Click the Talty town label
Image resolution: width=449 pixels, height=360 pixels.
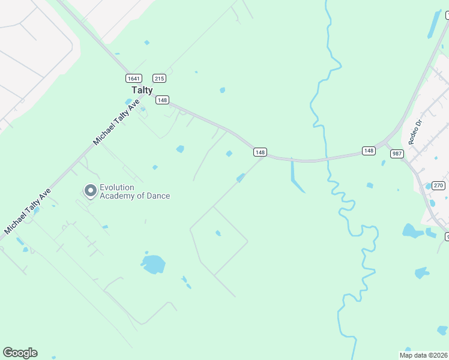[142, 90]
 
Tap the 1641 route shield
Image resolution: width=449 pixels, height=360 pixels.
[133, 78]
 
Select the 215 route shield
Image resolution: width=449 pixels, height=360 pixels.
[159, 78]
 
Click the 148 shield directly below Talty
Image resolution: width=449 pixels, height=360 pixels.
[162, 100]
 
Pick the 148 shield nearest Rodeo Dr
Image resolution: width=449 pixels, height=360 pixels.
[369, 150]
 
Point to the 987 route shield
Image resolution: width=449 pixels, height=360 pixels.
[397, 154]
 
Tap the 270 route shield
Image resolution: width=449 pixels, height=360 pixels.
[439, 185]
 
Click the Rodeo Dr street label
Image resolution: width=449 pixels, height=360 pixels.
[415, 131]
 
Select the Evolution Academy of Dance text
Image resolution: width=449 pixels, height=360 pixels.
[134, 191]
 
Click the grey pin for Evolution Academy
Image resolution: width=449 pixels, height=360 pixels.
[91, 191]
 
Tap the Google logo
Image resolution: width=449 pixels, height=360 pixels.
[20, 353]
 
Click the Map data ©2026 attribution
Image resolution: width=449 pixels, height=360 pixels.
[424, 355]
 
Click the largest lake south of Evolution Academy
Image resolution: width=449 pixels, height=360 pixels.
[153, 263]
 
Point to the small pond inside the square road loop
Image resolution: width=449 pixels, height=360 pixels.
[218, 233]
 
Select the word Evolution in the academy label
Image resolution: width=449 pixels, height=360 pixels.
[117, 187]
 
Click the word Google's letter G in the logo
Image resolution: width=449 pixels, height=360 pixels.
[8, 353]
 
